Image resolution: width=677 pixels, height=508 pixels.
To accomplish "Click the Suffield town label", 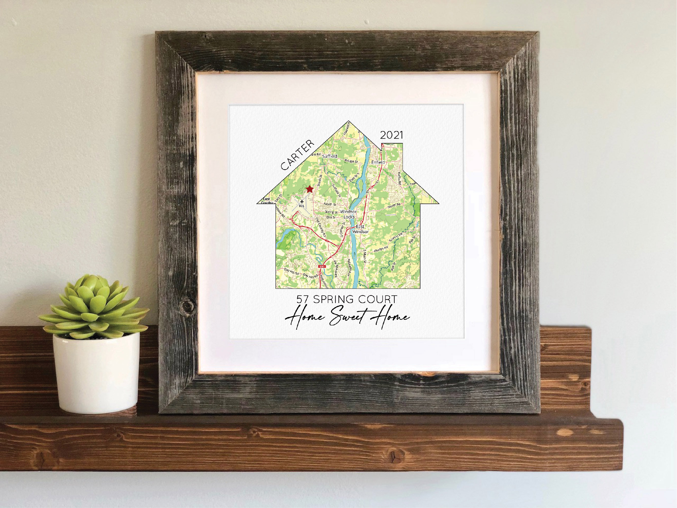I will pyautogui.click(x=330, y=156).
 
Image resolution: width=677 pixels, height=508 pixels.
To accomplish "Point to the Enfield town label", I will pyautogui.click(x=378, y=162).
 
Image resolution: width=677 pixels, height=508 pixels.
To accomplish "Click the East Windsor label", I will pyautogui.click(x=360, y=229).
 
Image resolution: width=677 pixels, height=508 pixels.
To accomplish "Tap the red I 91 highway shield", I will pyautogui.click(x=321, y=267).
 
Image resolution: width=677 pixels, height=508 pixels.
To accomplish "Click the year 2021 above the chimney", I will pyautogui.click(x=391, y=135).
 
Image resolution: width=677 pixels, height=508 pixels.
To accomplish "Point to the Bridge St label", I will pyautogui.click(x=351, y=161).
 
